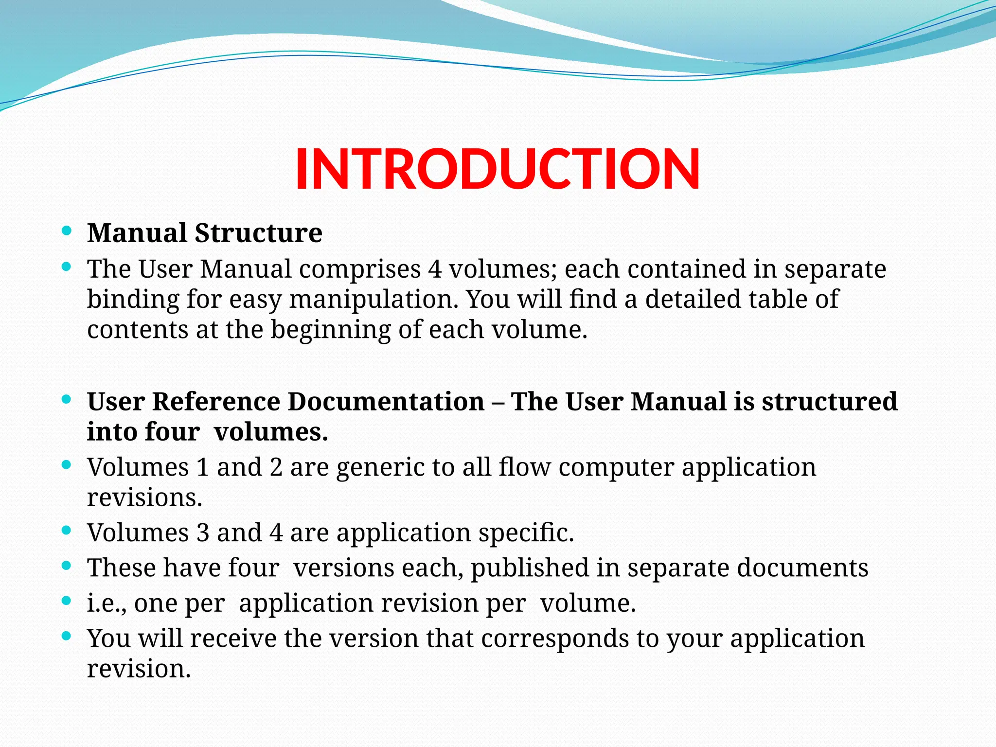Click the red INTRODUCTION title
pyautogui.click(x=497, y=169)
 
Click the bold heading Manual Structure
pyautogui.click(x=204, y=233)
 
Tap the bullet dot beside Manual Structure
pyautogui.click(x=67, y=230)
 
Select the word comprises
pyautogui.click(x=359, y=269)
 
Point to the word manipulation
pyautogui.click(x=373, y=300)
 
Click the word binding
pyautogui.click(x=133, y=300)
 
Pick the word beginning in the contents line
pyautogui.click(x=330, y=330)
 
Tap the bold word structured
pyautogui.click(x=829, y=402)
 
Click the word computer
pyautogui.click(x=616, y=467)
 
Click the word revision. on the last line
pyautogui.click(x=139, y=669)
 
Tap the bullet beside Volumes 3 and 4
pyautogui.click(x=67, y=530)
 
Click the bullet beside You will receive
pyautogui.click(x=67, y=636)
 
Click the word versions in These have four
pyautogui.click(x=343, y=568)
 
